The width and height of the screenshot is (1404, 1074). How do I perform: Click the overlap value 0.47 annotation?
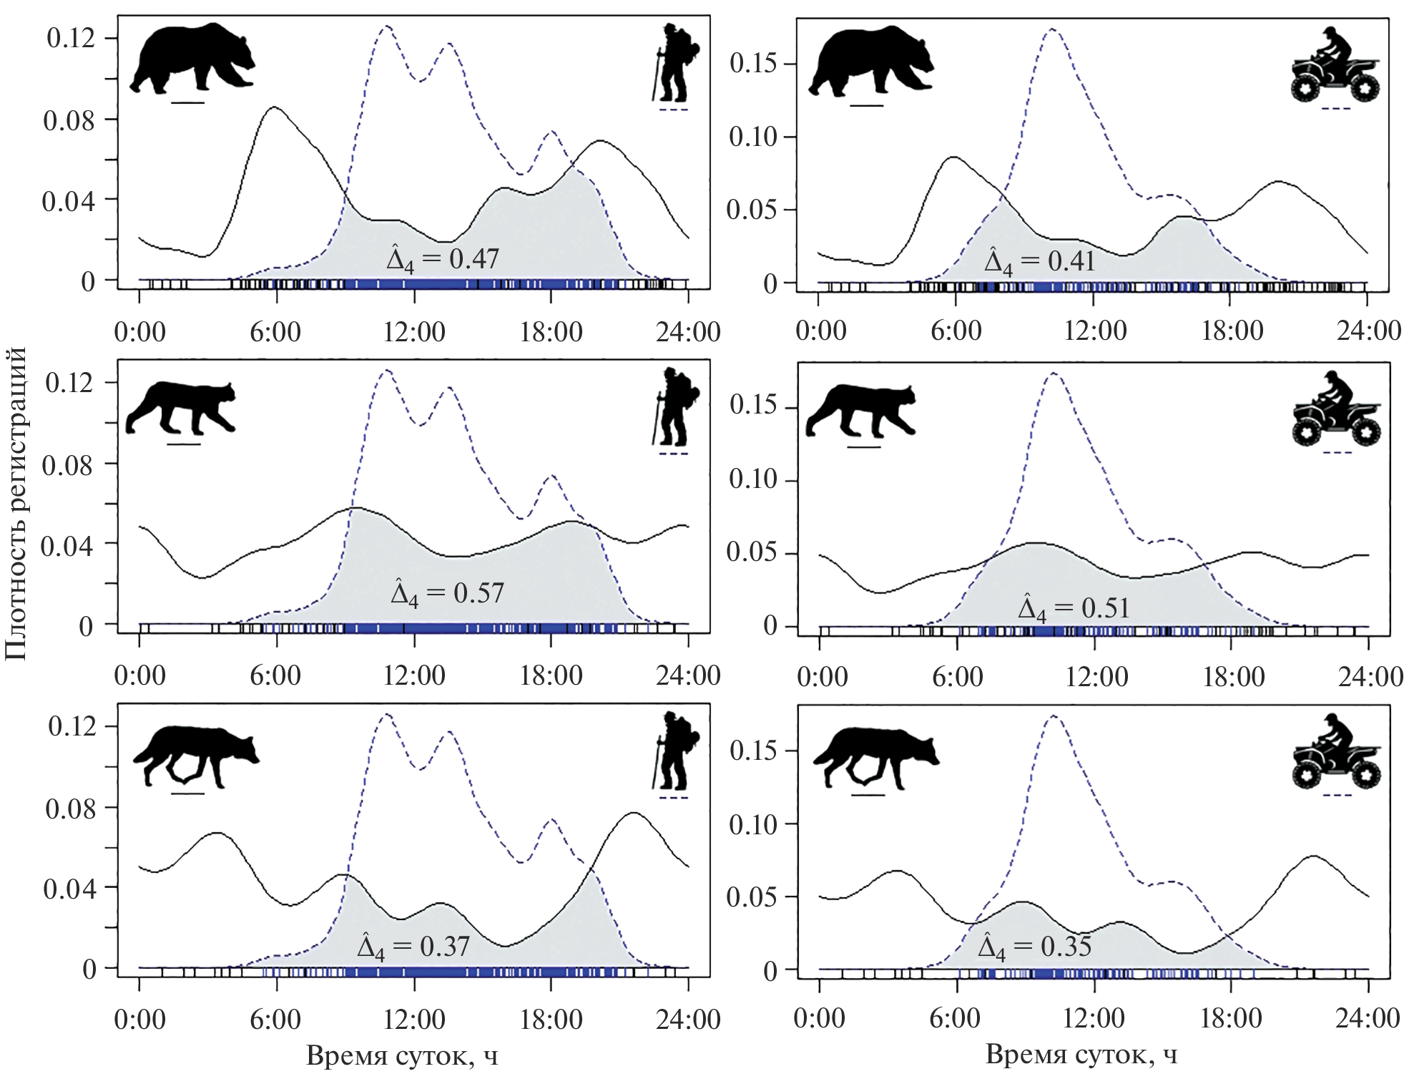point(443,259)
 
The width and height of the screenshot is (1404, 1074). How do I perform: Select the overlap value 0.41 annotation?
point(1040,262)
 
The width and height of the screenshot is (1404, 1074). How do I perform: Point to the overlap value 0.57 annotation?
point(447,593)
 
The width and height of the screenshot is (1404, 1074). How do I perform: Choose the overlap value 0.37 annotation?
point(413,947)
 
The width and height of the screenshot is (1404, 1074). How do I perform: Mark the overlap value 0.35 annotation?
point(1034,947)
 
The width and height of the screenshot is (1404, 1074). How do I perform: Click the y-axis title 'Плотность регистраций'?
point(16,503)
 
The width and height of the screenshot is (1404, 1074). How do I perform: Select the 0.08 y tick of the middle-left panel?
point(68,465)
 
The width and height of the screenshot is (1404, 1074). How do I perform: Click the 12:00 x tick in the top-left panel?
point(414,332)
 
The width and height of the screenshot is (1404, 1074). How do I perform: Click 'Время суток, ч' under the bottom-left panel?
point(402,1055)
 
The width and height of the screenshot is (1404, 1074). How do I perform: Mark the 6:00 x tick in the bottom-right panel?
point(955,1018)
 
